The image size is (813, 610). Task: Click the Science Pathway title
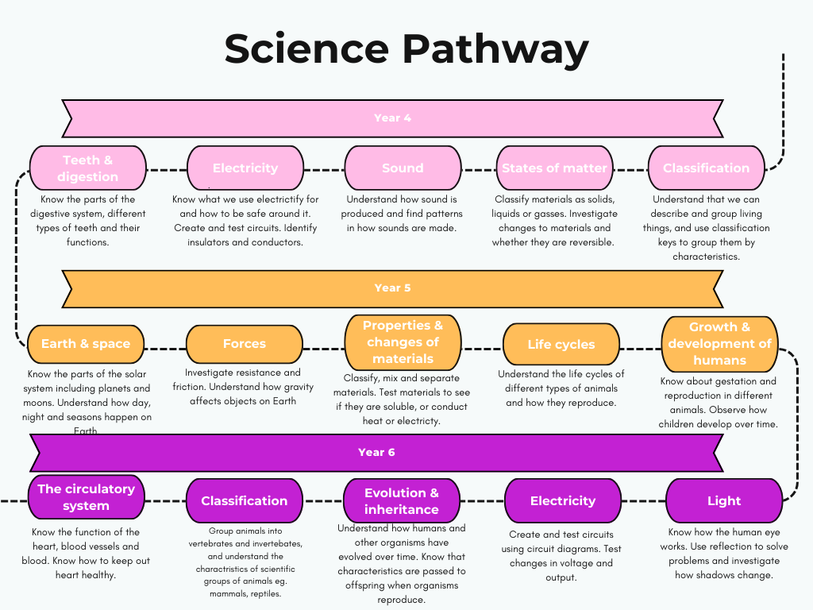[406, 49]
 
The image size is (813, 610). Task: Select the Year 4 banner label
[392, 118]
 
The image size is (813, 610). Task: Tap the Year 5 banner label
[392, 288]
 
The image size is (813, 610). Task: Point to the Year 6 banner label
[376, 452]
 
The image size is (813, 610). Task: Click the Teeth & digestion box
[88, 168]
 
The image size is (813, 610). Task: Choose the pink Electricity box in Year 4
[245, 168]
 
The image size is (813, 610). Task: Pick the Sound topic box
[403, 168]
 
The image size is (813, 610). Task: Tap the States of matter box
[554, 168]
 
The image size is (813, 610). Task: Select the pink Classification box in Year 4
[706, 168]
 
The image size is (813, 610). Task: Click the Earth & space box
[86, 344]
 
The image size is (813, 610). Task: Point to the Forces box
[244, 344]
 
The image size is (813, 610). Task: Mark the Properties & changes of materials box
[403, 342]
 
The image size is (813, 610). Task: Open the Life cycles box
[561, 345]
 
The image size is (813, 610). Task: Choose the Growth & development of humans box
[719, 344]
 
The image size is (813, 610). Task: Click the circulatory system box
[86, 497]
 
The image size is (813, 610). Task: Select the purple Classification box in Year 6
[244, 501]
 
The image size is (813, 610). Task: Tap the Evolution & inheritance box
[401, 501]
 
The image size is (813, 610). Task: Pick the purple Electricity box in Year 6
[562, 501]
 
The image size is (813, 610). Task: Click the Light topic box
[723, 501]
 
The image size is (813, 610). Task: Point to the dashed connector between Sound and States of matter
[479, 169]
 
